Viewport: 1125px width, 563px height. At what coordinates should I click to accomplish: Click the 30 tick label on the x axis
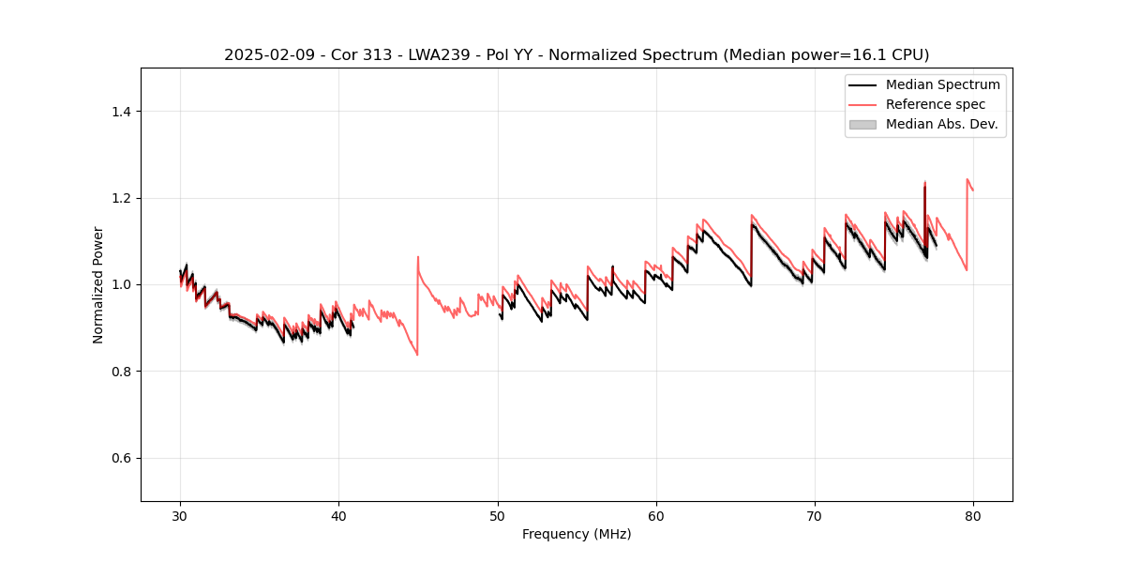click(x=180, y=516)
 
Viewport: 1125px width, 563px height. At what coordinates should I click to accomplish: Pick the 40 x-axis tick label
click(x=338, y=516)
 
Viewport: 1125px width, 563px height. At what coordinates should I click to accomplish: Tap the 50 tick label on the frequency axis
click(x=498, y=516)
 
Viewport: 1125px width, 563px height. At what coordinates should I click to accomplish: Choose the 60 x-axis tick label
click(x=656, y=516)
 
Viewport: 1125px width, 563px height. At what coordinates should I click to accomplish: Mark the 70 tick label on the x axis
click(x=815, y=516)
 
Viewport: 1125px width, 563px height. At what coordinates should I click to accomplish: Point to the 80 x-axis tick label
click(x=973, y=516)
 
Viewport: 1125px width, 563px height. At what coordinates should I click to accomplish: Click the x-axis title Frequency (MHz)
click(x=577, y=534)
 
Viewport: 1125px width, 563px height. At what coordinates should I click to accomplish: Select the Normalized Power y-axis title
click(x=98, y=284)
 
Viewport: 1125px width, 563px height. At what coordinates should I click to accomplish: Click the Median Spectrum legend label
click(x=942, y=84)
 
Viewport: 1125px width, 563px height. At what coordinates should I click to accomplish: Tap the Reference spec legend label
click(x=936, y=104)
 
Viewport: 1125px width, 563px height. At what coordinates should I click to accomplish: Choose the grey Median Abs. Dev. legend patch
click(x=862, y=124)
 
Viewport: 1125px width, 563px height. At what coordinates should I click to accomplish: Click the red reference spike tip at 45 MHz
click(x=418, y=256)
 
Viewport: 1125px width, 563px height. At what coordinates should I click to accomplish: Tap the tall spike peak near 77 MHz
click(x=924, y=182)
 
